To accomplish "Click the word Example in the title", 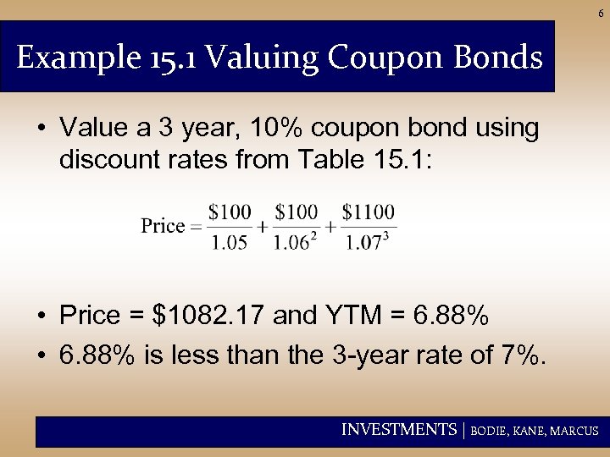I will [63, 58].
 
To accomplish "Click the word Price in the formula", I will [162, 226].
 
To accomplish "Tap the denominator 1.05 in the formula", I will [230, 243].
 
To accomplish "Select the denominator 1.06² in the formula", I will [295, 243].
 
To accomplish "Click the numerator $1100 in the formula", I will [369, 211].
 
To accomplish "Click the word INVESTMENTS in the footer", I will [398, 430].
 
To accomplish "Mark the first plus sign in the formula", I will [263, 227].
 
